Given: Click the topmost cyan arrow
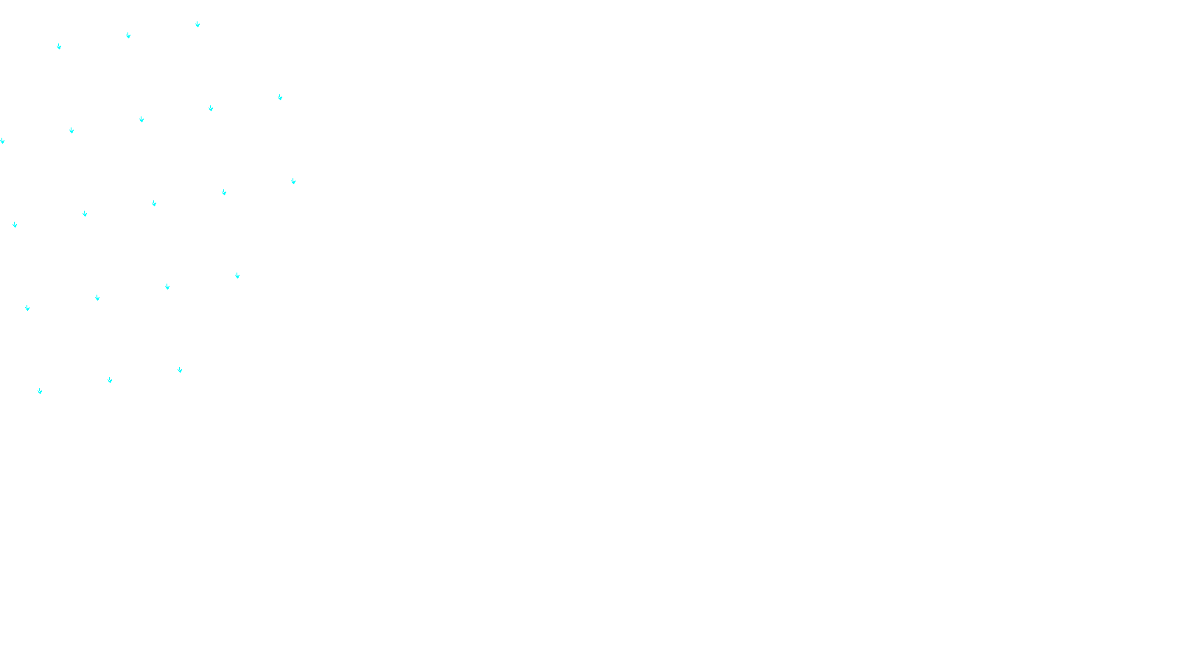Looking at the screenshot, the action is tap(197, 24).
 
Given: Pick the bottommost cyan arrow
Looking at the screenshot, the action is tap(40, 391).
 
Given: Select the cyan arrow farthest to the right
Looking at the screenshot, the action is tap(293, 181).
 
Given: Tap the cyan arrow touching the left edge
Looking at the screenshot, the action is tap(2, 141).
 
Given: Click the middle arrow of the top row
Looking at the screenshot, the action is tap(128, 35).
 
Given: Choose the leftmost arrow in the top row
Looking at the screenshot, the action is tap(59, 46).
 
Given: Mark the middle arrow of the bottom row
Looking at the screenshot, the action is tap(110, 380).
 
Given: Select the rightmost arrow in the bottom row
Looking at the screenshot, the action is tap(180, 370).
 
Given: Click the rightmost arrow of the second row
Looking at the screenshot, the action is tap(280, 97).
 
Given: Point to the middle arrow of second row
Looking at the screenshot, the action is tap(141, 119).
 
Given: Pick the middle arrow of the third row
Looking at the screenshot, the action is tap(154, 203).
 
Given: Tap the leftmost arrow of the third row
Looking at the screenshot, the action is tap(15, 225).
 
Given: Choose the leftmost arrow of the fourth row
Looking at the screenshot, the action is tap(27, 308).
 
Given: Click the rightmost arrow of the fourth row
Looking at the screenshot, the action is tap(237, 276).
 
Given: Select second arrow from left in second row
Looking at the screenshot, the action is tap(71, 130).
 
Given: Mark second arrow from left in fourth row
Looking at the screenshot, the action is tap(97, 298).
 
